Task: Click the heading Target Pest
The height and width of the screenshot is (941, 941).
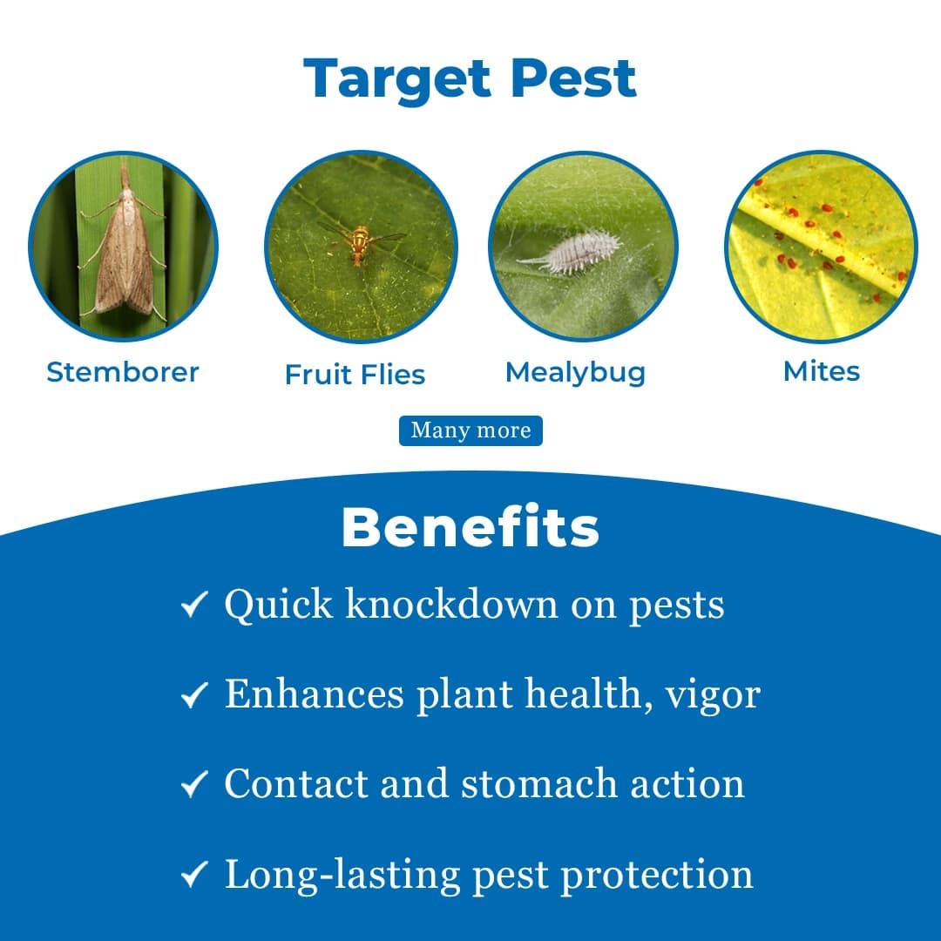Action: click(470, 78)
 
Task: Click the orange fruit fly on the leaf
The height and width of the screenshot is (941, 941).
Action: click(360, 244)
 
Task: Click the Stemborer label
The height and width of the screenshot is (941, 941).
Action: click(123, 372)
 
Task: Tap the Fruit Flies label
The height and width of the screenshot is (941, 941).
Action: click(355, 375)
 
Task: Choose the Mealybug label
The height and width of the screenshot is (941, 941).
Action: click(575, 372)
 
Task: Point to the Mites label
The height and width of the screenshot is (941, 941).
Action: click(821, 371)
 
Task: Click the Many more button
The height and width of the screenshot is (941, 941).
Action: click(470, 430)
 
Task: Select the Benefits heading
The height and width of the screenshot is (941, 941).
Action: click(470, 527)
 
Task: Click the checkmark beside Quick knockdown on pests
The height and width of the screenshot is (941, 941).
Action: click(193, 605)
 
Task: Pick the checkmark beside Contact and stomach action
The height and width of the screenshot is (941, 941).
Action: click(193, 784)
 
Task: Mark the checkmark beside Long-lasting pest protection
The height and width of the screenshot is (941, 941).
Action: click(193, 875)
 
